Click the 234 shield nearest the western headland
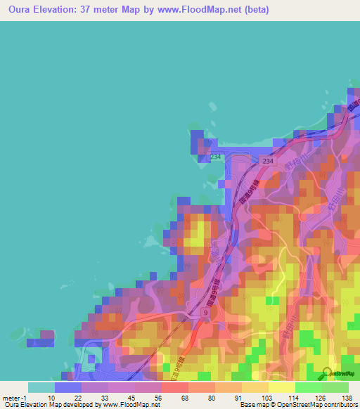tap(215, 156)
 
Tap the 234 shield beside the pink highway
tap(267, 161)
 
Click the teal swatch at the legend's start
tap(41, 387)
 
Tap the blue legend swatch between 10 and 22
tap(67, 387)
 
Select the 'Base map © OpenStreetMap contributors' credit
tap(297, 405)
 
